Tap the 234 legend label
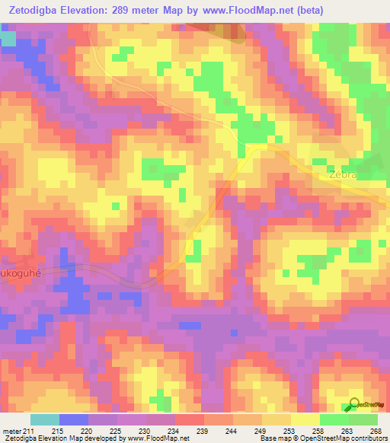click(x=174, y=430)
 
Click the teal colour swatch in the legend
click(x=44, y=419)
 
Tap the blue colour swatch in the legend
click(x=73, y=419)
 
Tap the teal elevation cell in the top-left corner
click(x=8, y=38)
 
